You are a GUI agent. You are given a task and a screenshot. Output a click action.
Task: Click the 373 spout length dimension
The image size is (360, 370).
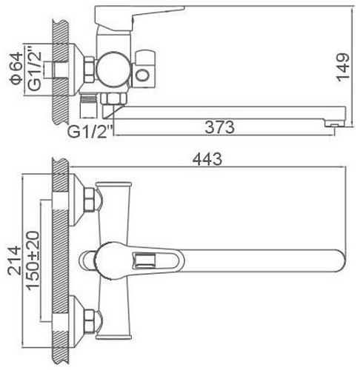coord(221,127)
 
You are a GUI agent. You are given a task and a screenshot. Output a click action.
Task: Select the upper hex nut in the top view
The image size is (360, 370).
coord(91,199)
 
